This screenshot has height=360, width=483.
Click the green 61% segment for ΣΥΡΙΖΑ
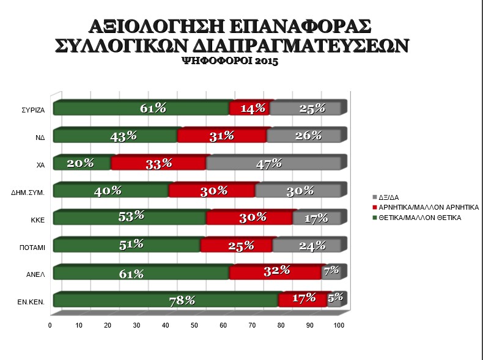coord(141,109)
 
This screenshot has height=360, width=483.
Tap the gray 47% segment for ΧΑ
coord(273,163)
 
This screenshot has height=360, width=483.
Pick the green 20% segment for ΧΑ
coord(82,163)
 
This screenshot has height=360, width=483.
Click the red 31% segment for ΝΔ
coord(222,136)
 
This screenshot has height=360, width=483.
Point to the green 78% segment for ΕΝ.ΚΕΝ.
coord(165,300)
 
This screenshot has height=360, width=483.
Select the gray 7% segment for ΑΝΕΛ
coord(331,273)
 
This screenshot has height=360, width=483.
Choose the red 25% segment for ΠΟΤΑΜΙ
coord(236,245)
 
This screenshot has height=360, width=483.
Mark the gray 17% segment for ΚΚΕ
coord(316,218)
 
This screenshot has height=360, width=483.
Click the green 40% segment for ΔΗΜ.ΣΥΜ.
coord(111,191)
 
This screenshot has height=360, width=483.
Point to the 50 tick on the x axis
coord(194,325)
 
